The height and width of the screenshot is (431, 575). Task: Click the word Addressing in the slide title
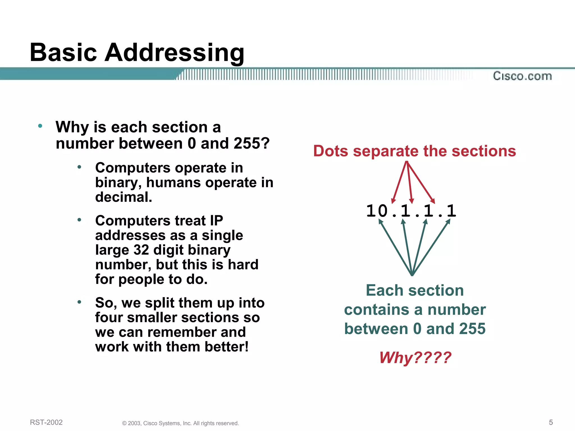point(174,53)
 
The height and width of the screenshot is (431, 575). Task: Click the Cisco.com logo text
point(522,76)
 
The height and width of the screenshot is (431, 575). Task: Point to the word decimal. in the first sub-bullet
point(124,197)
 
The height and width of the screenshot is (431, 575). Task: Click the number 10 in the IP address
point(377,211)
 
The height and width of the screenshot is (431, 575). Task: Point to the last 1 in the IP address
point(451,211)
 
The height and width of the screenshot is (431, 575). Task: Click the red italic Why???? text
point(415,357)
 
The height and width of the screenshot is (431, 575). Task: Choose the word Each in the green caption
point(384,290)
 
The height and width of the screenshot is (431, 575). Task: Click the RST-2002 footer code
point(46,422)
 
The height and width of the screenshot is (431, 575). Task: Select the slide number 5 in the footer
point(551,422)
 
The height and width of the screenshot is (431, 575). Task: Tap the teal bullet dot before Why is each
point(40,126)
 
